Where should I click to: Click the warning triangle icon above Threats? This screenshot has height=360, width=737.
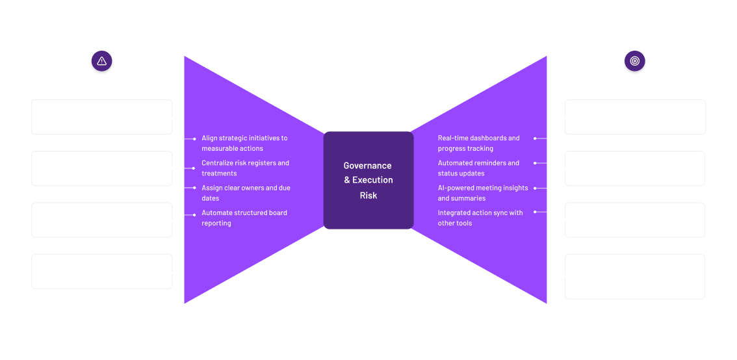[x=101, y=62]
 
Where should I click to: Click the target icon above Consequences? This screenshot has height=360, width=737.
[x=635, y=62]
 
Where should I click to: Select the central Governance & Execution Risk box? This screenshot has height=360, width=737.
[x=368, y=180]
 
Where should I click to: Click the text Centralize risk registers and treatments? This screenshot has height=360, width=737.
[x=245, y=168]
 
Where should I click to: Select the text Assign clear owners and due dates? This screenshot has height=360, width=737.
[x=246, y=193]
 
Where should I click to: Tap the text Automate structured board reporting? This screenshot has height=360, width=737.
[x=244, y=218]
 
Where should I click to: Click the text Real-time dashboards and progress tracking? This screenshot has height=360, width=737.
[x=478, y=143]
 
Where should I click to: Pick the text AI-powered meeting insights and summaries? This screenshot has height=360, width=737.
[x=482, y=193]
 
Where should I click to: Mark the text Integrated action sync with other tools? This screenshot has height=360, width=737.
[x=480, y=218]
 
